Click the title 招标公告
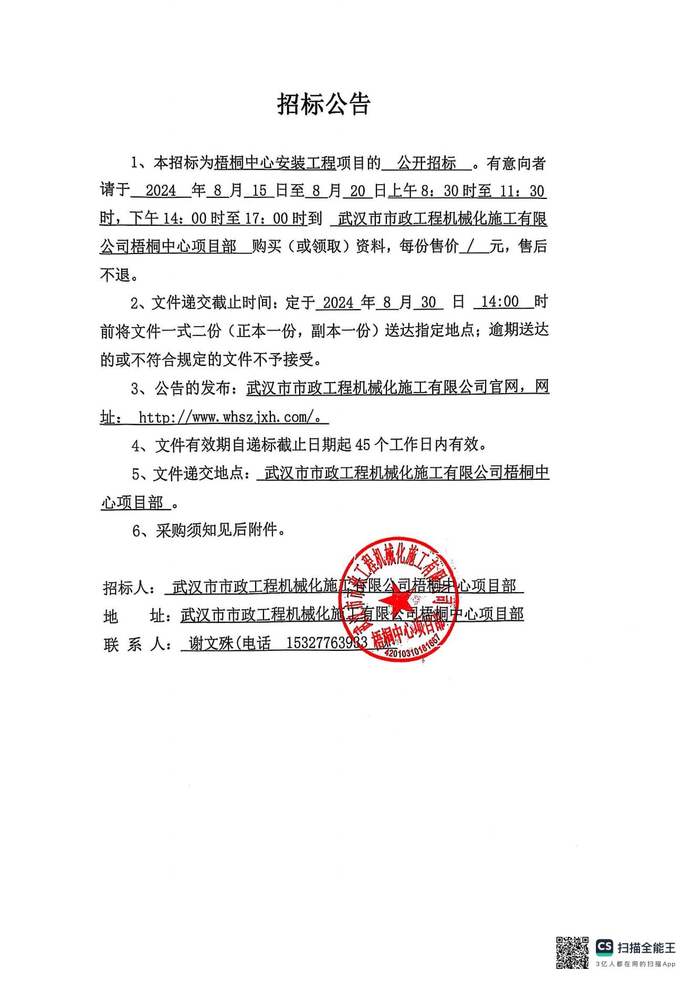point(324,104)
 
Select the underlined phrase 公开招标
point(426,163)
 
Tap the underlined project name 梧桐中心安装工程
point(275,163)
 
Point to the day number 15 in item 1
point(259,191)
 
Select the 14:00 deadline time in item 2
point(499,302)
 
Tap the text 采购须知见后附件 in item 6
point(216,531)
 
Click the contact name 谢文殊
point(211,643)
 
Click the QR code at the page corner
point(572,953)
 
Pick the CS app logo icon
point(604,947)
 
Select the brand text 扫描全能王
point(646,947)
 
